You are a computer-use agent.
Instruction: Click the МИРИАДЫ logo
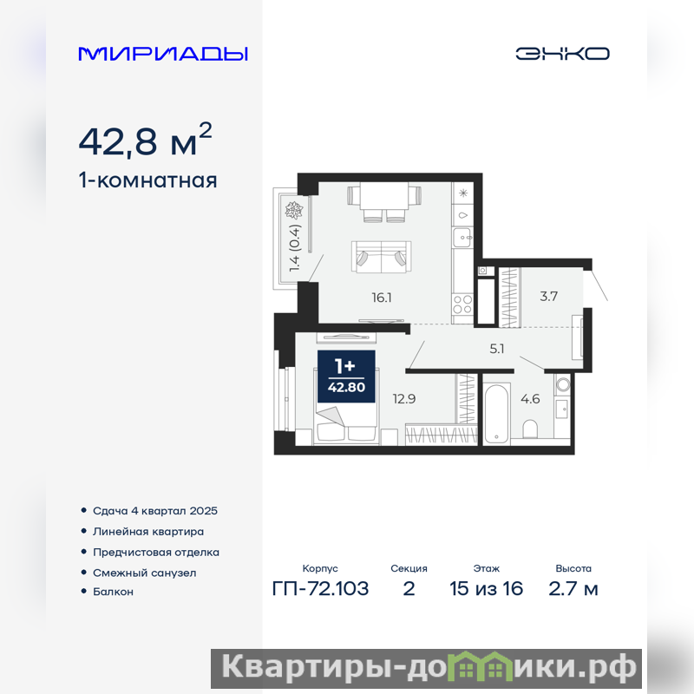tap(163, 54)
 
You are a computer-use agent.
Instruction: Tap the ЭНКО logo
tap(562, 54)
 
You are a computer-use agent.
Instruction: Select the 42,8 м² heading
tap(145, 140)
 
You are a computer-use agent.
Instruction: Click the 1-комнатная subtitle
tap(147, 180)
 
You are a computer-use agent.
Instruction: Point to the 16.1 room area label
tap(382, 298)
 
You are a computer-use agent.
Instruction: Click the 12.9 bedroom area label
tap(404, 399)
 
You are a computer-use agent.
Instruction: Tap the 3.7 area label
tap(548, 296)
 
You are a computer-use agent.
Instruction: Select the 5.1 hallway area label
tap(497, 349)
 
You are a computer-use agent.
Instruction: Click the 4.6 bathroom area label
tap(530, 399)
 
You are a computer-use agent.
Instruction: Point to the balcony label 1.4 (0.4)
tap(295, 248)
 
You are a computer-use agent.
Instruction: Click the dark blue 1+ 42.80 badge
tap(346, 376)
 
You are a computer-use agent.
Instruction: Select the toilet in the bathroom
tap(530, 429)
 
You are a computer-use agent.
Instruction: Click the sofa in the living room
tap(382, 257)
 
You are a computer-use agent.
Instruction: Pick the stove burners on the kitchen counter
tap(462, 304)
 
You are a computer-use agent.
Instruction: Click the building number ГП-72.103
tap(320, 589)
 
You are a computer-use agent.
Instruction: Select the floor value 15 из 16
tap(486, 589)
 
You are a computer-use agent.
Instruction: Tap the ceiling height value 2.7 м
tap(573, 589)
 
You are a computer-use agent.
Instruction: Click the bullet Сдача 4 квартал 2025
tap(155, 511)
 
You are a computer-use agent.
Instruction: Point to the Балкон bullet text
tap(113, 592)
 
